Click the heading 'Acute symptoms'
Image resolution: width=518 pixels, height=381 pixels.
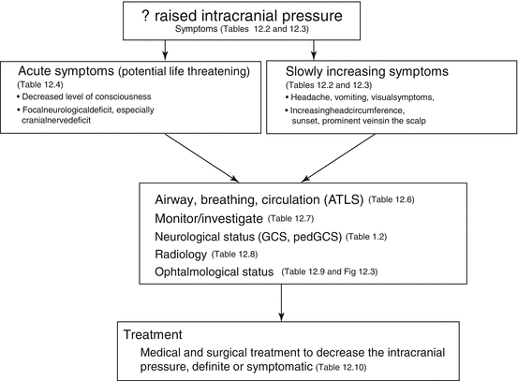67,72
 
